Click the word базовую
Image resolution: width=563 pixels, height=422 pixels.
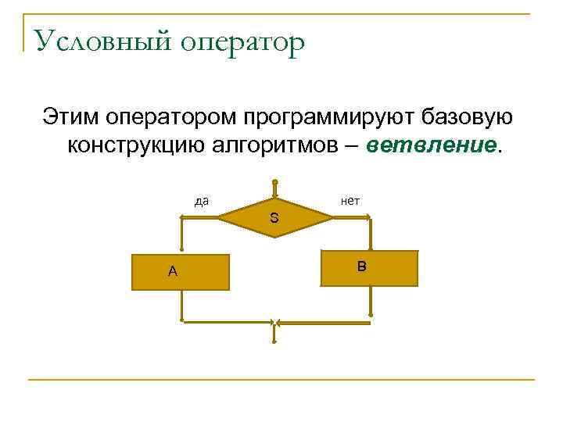click(467, 116)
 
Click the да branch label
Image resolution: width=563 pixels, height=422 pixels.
click(202, 202)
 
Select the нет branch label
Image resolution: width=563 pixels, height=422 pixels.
click(350, 201)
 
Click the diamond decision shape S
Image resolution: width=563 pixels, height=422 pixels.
click(274, 218)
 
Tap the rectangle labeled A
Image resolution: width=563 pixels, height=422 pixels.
click(181, 272)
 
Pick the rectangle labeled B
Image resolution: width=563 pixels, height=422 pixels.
click(370, 268)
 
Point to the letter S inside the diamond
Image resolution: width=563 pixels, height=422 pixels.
click(274, 218)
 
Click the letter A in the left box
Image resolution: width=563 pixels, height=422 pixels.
click(172, 272)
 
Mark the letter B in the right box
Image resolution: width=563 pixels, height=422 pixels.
click(361, 267)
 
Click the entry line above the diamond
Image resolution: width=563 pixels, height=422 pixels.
click(274, 190)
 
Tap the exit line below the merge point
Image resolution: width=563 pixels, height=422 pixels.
click(274, 334)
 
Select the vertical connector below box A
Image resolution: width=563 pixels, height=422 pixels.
click(181, 306)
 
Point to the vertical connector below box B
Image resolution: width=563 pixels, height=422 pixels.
click(371, 301)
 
